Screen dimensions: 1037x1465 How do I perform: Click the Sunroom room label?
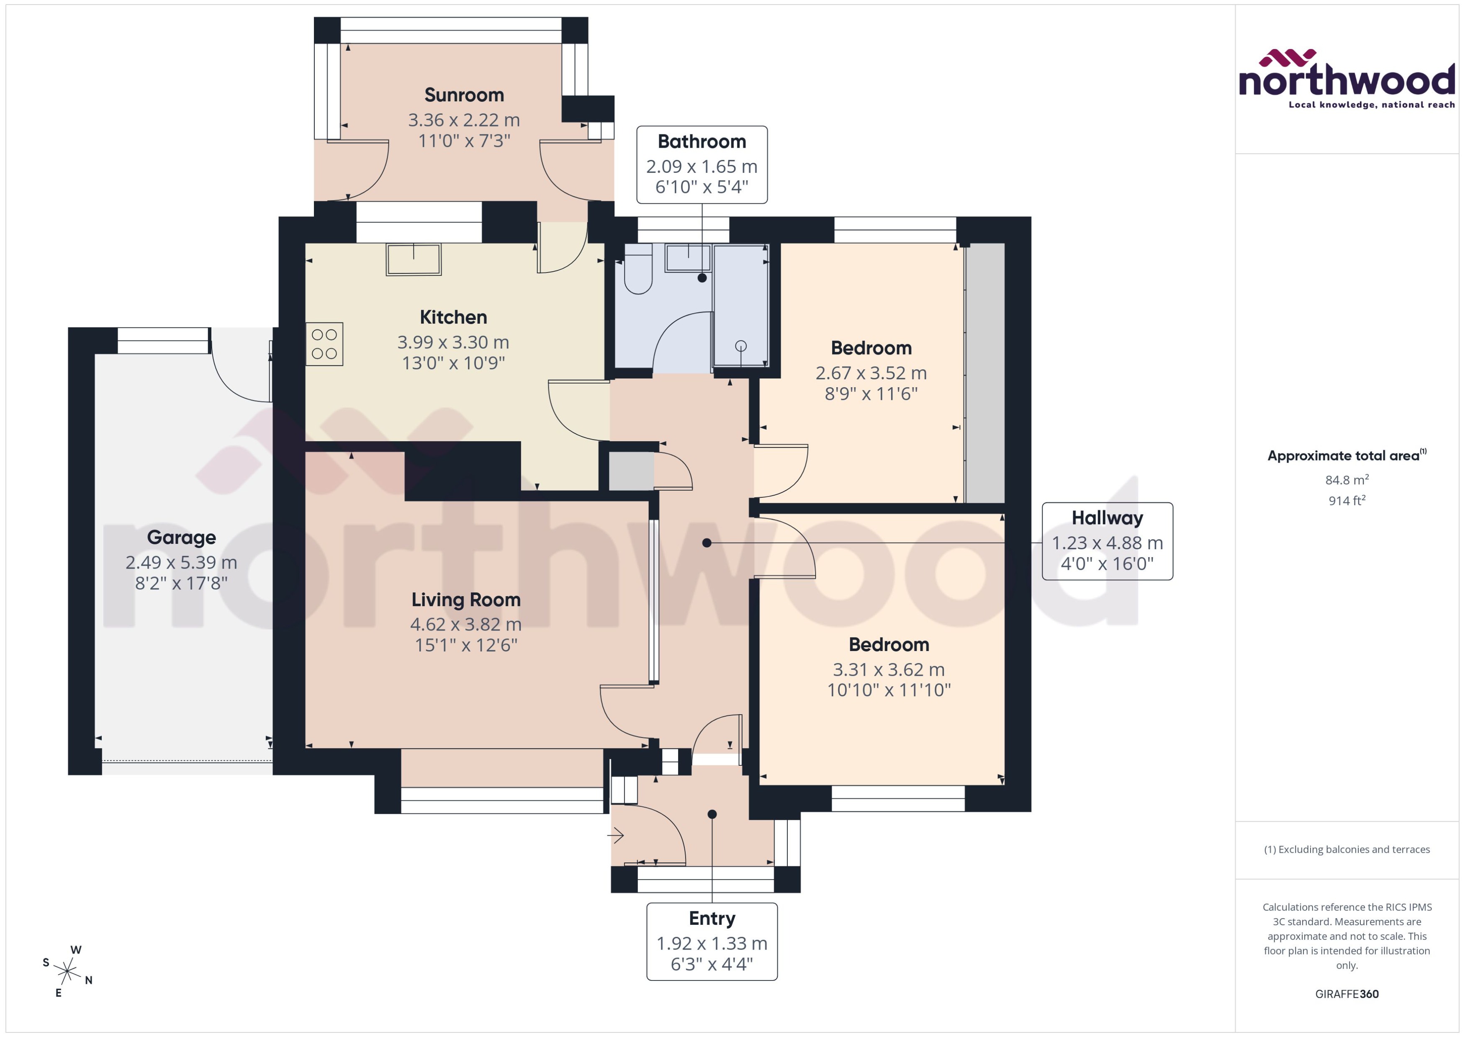464,95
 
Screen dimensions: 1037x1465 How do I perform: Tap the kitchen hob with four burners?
324,344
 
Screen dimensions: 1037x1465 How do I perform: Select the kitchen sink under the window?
414,259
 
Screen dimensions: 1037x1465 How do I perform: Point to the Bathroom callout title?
702,142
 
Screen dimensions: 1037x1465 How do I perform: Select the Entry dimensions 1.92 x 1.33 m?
712,943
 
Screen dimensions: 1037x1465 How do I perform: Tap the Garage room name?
181,538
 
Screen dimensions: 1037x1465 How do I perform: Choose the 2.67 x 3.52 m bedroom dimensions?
871,373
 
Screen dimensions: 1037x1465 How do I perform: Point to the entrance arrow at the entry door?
615,834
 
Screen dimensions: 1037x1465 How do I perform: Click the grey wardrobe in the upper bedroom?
985,373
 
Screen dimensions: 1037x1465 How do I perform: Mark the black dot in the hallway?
707,543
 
